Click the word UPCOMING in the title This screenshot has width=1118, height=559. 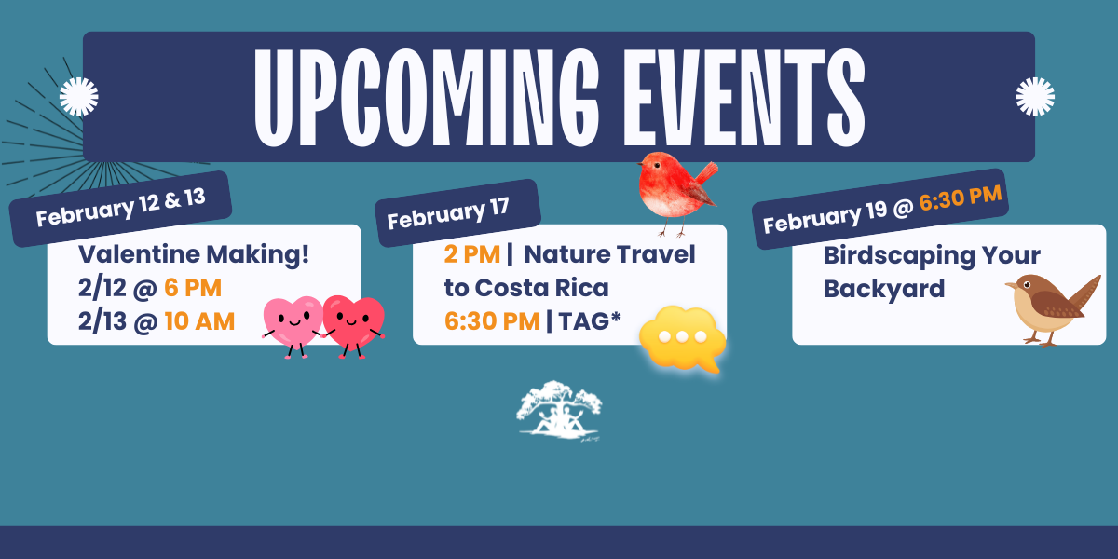[x=423, y=96]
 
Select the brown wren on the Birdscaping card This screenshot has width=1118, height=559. [x=1049, y=307]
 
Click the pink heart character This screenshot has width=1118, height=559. [x=292, y=324]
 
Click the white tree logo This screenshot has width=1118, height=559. [x=560, y=407]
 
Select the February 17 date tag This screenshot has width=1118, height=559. [x=456, y=214]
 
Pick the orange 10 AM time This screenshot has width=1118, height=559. [x=199, y=321]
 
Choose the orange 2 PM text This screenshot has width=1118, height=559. [x=471, y=254]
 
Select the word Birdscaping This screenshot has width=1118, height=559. [x=900, y=255]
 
